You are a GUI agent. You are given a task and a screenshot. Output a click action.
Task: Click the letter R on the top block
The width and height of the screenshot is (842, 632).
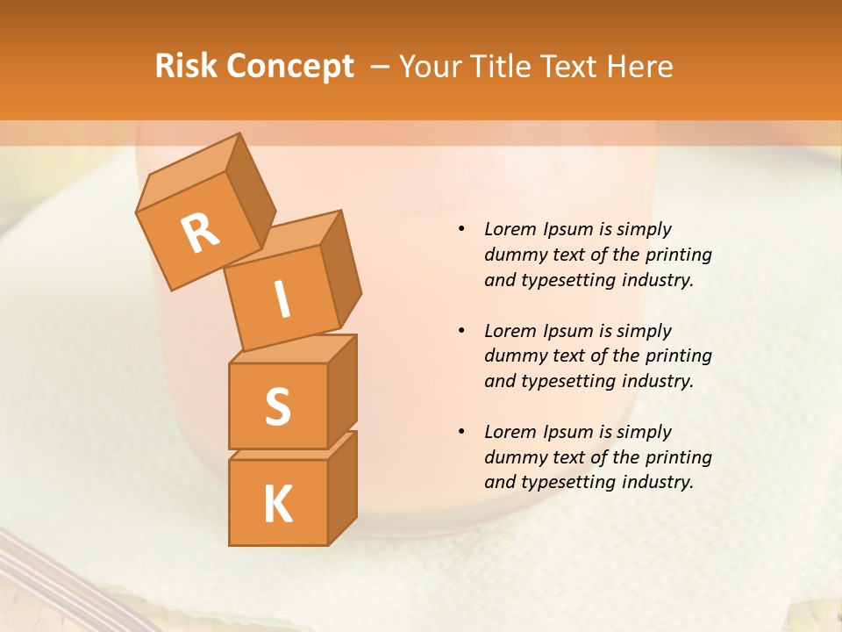(x=201, y=233)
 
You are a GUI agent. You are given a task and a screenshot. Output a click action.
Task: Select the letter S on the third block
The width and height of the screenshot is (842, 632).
(x=277, y=406)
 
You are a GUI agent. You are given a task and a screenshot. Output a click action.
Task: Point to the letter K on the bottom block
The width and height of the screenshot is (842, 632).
(x=277, y=504)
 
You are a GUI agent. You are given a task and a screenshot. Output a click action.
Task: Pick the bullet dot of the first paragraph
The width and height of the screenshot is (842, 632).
(x=461, y=229)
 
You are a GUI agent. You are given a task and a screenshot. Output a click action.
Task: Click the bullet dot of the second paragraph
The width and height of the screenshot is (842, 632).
(x=461, y=331)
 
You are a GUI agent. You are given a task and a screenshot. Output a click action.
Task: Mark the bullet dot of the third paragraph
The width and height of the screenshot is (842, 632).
(x=461, y=432)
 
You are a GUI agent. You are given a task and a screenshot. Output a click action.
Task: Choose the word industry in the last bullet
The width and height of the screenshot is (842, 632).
(x=657, y=482)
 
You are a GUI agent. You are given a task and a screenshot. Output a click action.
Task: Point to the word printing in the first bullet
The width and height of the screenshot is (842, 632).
(x=678, y=255)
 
